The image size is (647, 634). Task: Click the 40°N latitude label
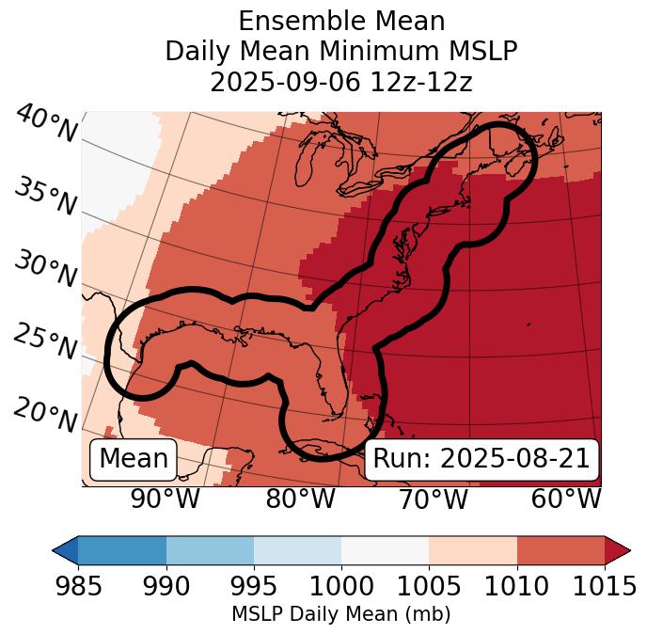[46, 124]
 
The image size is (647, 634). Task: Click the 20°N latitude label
[45, 413]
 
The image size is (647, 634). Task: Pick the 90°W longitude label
[166, 499]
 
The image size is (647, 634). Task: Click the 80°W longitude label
[300, 499]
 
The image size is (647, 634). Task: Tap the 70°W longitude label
[433, 499]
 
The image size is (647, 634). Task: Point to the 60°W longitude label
[566, 499]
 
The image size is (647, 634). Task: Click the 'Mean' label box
[134, 459]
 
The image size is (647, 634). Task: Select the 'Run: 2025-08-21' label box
[481, 459]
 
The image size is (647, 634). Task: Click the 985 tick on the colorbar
[78, 586]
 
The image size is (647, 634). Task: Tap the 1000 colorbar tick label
[341, 586]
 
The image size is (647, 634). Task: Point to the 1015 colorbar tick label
[604, 586]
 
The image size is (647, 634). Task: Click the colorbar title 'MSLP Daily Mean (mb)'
[340, 614]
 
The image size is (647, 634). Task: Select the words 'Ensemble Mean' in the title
[340, 21]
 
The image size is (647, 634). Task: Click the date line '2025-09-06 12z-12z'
[340, 82]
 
